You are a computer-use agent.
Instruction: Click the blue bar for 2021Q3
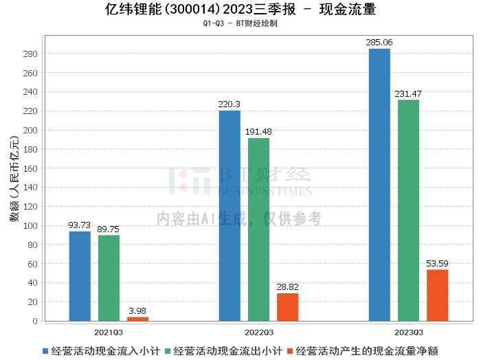(x=80, y=275)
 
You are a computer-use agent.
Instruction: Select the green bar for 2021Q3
(x=109, y=278)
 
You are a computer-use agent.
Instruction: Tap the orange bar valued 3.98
(x=137, y=319)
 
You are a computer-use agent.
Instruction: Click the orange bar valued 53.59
(x=437, y=295)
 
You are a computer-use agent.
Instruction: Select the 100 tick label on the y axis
(x=30, y=225)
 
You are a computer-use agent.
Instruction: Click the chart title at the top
(x=240, y=10)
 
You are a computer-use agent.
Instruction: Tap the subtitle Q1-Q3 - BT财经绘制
(x=240, y=23)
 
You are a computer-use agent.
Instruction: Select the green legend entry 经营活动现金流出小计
(x=228, y=350)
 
